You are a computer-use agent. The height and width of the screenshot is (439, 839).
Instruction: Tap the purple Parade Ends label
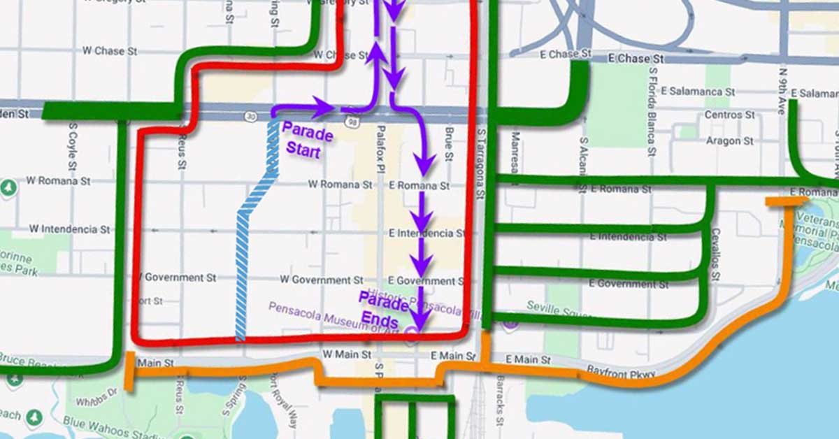[383, 312]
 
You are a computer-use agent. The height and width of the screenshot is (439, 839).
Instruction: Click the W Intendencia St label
[69, 229]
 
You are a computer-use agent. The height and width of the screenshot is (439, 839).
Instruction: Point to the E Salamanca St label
[697, 92]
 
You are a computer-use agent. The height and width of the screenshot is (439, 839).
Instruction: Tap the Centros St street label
[729, 115]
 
